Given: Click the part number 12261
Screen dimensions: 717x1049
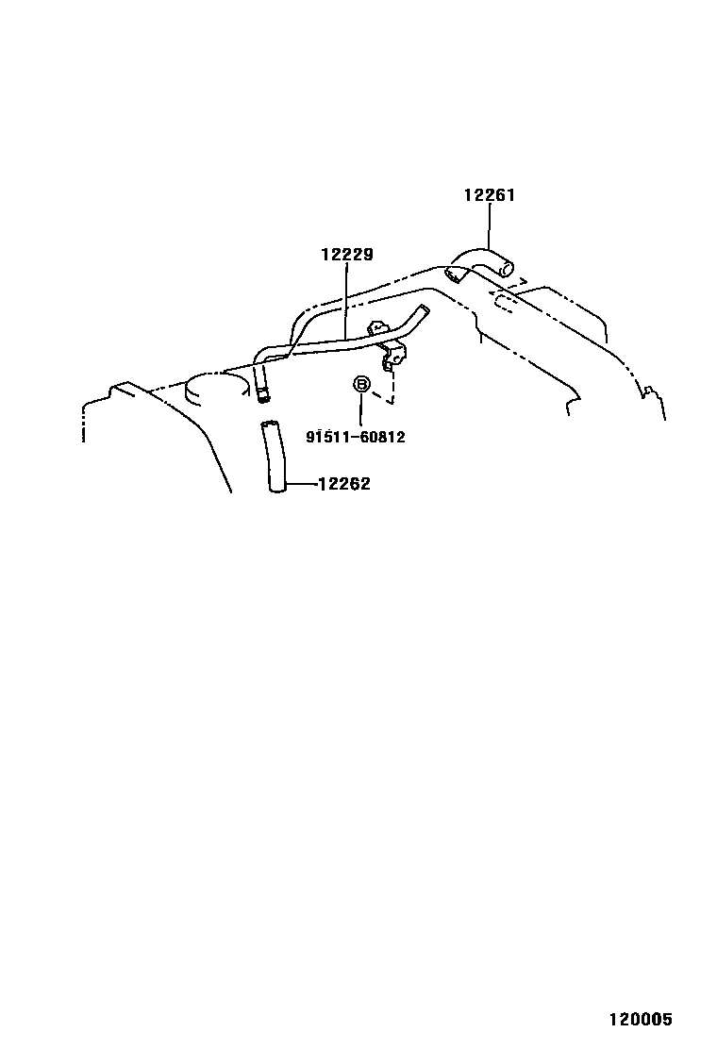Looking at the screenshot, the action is [x=489, y=195].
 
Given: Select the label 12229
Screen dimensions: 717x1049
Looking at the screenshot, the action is [x=346, y=254].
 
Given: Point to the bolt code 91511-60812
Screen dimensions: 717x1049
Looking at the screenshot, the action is [x=356, y=437].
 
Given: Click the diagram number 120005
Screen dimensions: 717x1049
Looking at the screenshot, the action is [x=639, y=1020].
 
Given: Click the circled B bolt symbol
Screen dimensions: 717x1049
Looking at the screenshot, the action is [x=360, y=384].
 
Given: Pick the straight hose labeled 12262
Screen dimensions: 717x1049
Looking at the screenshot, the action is [x=274, y=458].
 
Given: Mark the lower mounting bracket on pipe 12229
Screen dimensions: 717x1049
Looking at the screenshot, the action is [x=393, y=357].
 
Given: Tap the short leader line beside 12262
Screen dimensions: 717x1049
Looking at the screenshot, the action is [x=300, y=484].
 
